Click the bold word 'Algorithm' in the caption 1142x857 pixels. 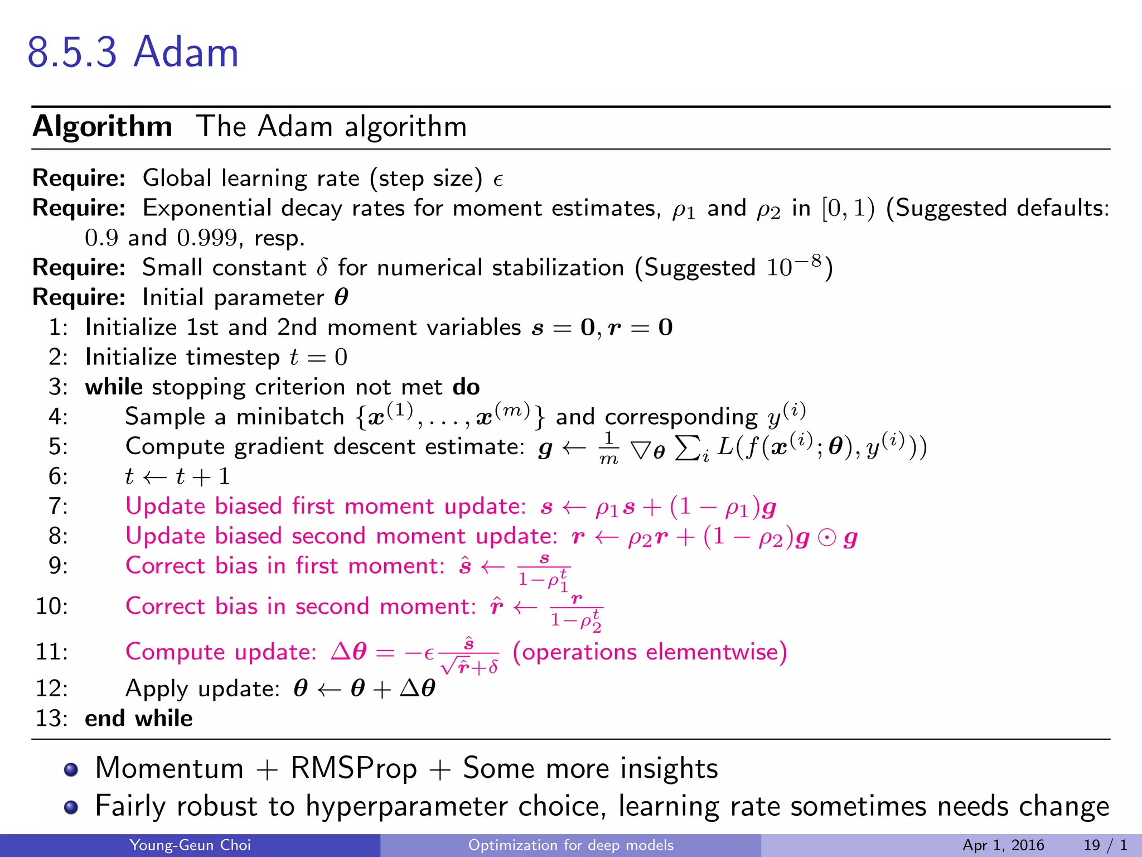tap(103, 127)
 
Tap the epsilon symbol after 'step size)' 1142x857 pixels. tap(498, 180)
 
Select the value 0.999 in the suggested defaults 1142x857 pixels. tap(207, 238)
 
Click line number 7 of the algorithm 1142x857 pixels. tap(58, 506)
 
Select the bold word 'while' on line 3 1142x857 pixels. tap(114, 387)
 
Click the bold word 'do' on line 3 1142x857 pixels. tap(466, 387)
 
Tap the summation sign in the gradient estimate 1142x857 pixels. tap(688, 447)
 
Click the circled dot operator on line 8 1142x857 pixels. tap(826, 537)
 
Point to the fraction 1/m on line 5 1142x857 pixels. tap(608, 448)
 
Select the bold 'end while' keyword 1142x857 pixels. tap(138, 718)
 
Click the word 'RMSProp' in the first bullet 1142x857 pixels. tap(354, 768)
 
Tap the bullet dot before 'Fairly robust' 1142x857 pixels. tap(71, 807)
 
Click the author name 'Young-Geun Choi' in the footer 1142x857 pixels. tap(190, 845)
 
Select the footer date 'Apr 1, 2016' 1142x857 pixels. tap(1003, 845)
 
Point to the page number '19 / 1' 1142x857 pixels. tap(1105, 845)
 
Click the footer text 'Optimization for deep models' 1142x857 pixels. tap(570, 845)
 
